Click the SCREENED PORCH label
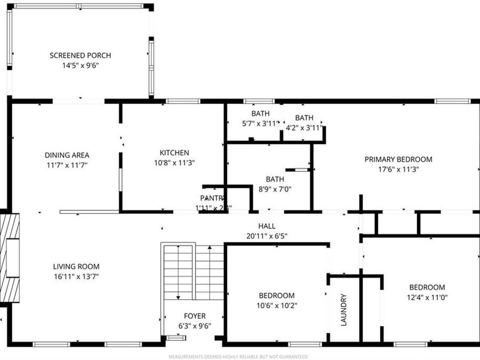80,55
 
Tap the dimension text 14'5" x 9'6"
80,66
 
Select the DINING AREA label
67,155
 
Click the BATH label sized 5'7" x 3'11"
260,114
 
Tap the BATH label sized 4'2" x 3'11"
304,118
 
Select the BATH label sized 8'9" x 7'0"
275,179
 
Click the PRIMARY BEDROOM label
398,159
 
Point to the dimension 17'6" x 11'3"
398,169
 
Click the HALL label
267,226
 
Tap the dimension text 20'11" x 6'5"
267,236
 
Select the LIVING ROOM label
76,267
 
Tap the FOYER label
195,316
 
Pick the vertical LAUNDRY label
343,310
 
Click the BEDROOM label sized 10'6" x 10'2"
277,295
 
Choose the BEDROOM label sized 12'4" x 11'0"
427,287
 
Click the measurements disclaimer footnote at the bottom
238,356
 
